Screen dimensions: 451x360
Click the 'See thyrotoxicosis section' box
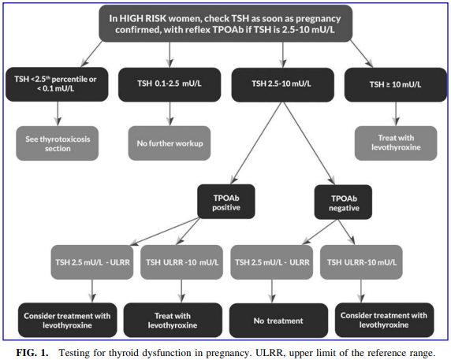tap(58, 143)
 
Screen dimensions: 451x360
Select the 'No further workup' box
tap(170, 143)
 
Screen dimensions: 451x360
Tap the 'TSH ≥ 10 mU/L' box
tap(396, 84)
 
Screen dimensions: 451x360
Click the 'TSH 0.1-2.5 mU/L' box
tap(170, 84)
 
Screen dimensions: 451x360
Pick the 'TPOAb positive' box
tap(226, 202)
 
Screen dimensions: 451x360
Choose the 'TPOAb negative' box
tap(343, 202)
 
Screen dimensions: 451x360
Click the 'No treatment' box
tap(278, 321)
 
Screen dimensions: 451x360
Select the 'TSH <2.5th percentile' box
tap(57, 84)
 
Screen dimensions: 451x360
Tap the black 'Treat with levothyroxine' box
tap(173, 320)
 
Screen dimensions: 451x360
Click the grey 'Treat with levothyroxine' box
tap(396, 143)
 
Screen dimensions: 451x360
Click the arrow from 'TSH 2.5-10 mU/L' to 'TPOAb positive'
tap(256, 143)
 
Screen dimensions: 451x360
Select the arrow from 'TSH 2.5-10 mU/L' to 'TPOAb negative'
tap(309, 143)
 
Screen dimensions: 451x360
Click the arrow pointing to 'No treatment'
tap(272, 291)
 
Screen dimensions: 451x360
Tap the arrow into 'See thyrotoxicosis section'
tap(58, 113)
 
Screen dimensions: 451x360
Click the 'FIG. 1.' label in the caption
tap(32, 353)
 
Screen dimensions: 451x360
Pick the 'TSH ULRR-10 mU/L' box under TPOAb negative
tap(361, 262)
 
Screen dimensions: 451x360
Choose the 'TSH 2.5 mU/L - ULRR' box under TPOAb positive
tap(92, 262)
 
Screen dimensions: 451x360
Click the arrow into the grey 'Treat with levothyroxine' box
tap(396, 113)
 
